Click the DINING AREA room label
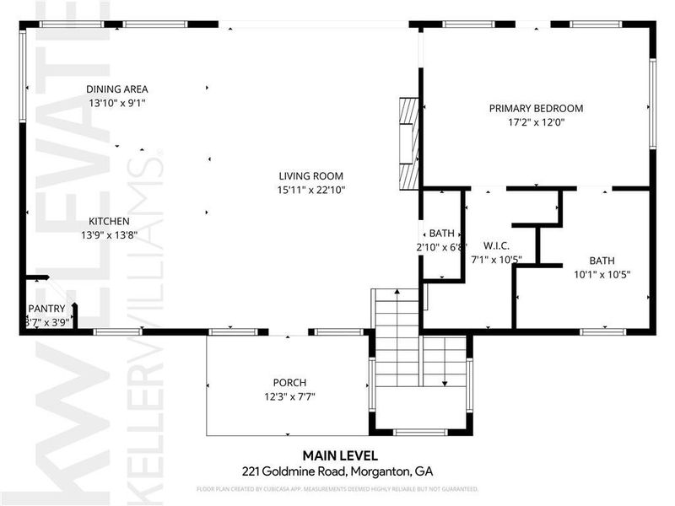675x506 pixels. (117, 89)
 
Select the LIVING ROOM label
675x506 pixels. (312, 176)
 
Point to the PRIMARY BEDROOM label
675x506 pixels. (536, 108)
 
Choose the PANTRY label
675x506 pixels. (46, 309)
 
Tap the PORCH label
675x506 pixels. (289, 382)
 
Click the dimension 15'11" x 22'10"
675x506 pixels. (312, 190)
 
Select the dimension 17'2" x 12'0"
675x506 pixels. (536, 122)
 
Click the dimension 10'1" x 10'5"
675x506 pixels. (602, 274)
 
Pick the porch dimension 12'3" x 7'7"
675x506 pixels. (289, 396)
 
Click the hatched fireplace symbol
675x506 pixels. (408, 143)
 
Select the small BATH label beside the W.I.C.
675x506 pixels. (441, 234)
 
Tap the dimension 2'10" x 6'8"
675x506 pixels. (442, 247)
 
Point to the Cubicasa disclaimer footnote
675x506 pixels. (337, 488)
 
